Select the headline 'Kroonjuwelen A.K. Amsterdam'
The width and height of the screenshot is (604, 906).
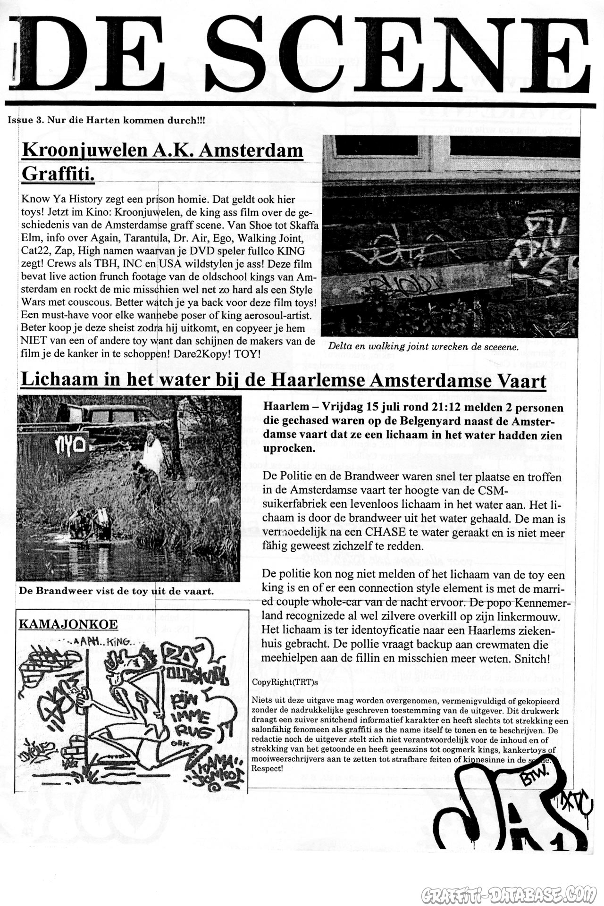coord(162,151)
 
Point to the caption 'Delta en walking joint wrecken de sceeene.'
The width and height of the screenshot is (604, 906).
coord(423,346)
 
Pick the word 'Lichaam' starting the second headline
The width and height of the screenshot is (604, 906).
coord(58,380)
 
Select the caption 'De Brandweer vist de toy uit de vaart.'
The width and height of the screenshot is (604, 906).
coord(116,590)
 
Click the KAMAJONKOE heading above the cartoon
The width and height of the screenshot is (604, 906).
coord(68,624)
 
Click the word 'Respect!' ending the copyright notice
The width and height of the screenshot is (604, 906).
coord(268,768)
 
